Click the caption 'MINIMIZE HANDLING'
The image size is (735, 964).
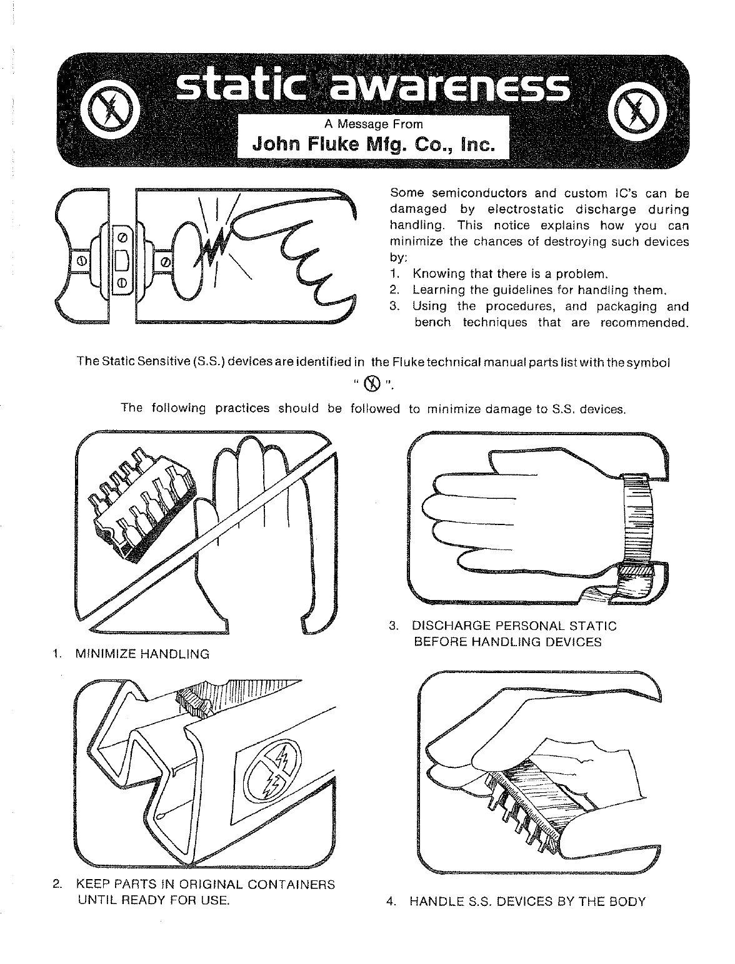pos(142,654)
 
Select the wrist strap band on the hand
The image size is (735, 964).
pos(638,518)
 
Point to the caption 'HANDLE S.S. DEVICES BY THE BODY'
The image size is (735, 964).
pos(527,902)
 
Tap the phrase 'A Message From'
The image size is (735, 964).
pos(374,124)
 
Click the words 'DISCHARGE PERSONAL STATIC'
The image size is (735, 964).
pos(514,626)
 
